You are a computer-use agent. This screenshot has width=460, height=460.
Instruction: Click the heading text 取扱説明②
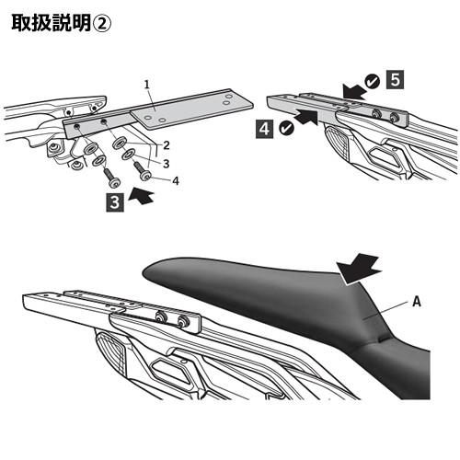[x=61, y=23]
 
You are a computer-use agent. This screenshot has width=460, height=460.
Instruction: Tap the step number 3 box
[x=115, y=202]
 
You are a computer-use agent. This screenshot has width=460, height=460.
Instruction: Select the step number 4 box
[x=264, y=129]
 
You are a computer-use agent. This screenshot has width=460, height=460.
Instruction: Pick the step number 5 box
[x=395, y=79]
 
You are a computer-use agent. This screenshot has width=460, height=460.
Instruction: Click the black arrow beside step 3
[x=141, y=196]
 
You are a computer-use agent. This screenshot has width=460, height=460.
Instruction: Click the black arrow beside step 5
[x=354, y=91]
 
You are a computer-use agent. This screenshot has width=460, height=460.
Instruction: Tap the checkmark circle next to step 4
[x=287, y=128]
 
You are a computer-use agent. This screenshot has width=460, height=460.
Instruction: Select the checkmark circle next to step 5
[x=373, y=82]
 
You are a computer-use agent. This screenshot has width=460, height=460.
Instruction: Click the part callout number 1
[x=147, y=85]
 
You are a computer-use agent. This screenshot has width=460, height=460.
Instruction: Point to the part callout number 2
[x=167, y=145]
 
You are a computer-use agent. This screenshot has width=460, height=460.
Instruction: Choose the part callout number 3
[x=167, y=164]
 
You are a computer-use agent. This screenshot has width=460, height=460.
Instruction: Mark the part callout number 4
[x=176, y=181]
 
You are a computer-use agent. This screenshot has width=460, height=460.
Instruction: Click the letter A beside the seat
[x=416, y=302]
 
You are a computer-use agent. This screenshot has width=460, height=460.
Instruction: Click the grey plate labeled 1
[x=191, y=109]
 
